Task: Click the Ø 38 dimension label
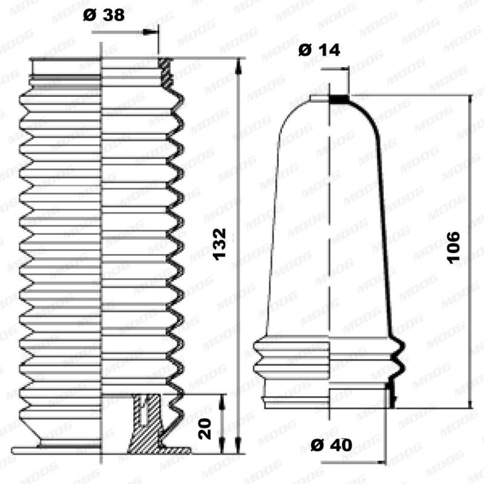tap(104, 15)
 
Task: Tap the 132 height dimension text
tap(221, 244)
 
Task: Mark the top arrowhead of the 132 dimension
tap(240, 64)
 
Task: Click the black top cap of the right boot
tap(340, 97)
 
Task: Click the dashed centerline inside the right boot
tap(330, 242)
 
